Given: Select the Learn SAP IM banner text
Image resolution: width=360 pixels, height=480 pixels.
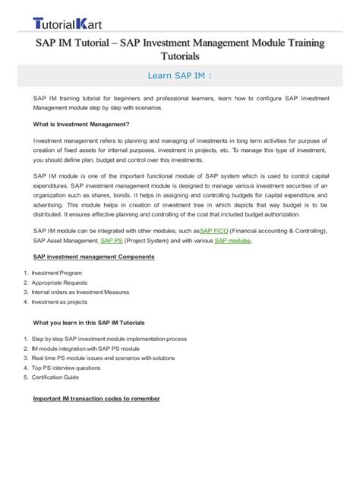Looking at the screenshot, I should [x=179, y=75].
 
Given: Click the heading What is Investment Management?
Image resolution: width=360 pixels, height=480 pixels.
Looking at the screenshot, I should [x=81, y=124].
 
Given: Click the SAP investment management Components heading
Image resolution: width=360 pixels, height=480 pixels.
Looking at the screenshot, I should [x=94, y=257].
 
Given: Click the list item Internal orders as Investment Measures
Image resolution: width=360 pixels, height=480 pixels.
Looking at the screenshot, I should [x=81, y=292].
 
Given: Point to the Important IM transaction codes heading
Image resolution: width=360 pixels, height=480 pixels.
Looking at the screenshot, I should [x=96, y=399].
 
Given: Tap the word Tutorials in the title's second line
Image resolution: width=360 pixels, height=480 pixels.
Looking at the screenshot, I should [x=180, y=56].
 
